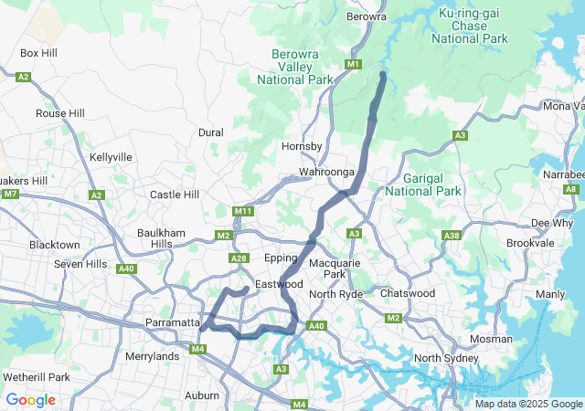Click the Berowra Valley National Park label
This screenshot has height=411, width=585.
(294, 68)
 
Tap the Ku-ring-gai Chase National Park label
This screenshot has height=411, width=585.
(473, 26)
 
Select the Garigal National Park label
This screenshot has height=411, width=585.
(423, 184)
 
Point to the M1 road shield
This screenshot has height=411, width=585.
(353, 64)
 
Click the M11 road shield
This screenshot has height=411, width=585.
(242, 212)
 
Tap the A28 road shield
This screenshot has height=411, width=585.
(239, 259)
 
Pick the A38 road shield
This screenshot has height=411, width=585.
(450, 237)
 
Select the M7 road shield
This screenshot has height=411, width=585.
(10, 194)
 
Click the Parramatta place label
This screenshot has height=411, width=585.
(172, 323)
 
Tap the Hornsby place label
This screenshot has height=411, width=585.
(303, 146)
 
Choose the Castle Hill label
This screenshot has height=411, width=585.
(174, 195)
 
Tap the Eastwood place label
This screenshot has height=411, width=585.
(279, 284)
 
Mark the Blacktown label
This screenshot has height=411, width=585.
(54, 245)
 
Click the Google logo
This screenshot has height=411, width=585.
(30, 400)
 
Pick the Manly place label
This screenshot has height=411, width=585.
(550, 294)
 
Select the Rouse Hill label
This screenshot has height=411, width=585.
(60, 113)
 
